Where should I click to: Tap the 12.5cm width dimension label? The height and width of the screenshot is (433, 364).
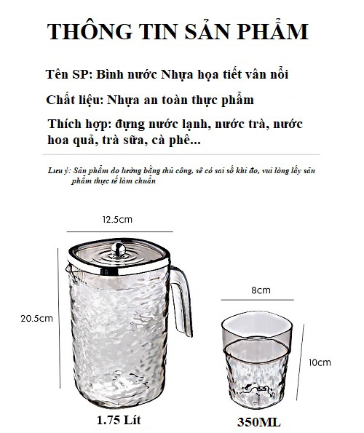point(118,220)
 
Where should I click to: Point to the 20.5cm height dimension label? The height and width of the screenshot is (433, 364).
point(36,319)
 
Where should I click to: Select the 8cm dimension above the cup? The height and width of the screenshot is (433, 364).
point(261,290)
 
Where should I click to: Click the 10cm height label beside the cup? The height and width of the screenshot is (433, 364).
point(320,362)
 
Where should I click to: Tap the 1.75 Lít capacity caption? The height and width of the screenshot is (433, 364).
point(119,420)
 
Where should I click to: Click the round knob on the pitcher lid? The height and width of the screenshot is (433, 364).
point(119,249)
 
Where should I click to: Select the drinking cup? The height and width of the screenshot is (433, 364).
point(256,359)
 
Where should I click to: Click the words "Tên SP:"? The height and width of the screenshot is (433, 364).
point(68,74)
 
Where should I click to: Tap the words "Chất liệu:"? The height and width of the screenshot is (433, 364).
point(74,100)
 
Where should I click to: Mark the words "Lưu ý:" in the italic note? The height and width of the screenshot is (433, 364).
point(60,170)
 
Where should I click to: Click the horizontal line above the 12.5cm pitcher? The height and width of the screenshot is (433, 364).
point(119,231)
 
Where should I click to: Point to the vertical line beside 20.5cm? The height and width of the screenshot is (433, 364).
point(59,318)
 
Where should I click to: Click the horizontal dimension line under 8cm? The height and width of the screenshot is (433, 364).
point(258,300)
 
